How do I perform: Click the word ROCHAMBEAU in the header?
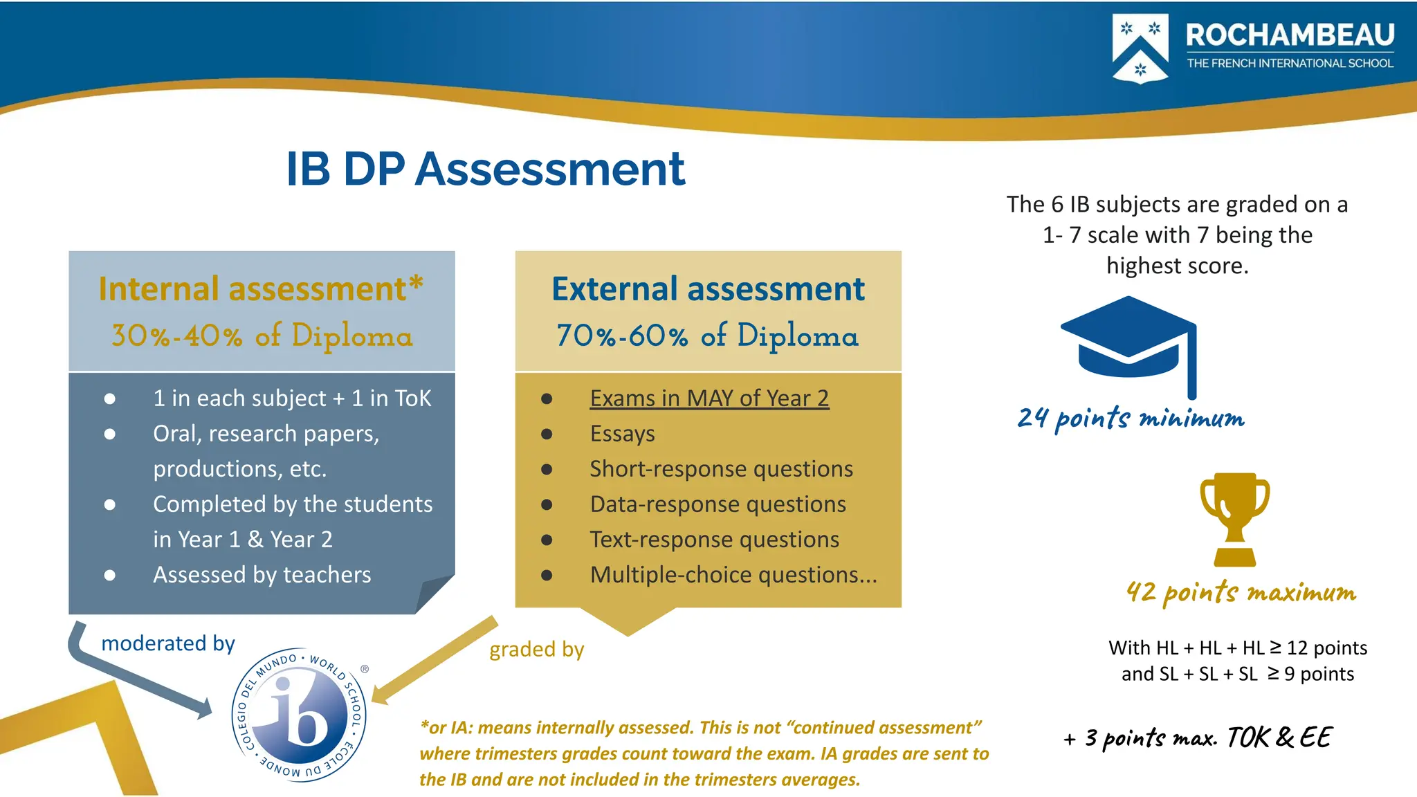point(1290,35)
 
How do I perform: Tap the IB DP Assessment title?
point(485,169)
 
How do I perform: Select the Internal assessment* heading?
point(261,288)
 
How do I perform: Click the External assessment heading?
point(708,288)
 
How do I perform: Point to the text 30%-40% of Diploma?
point(262,336)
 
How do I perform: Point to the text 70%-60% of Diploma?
point(708,336)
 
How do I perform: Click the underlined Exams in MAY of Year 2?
point(709,398)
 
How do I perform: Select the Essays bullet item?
point(622,434)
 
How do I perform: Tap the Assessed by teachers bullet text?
point(262,575)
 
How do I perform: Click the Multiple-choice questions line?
point(733,575)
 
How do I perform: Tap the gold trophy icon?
point(1235,519)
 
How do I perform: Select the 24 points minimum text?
point(1131,418)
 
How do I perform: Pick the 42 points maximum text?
point(1241,592)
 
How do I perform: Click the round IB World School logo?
point(300,715)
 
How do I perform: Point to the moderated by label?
point(168,643)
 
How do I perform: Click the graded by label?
point(537,649)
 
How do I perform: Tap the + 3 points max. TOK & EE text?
point(1198,738)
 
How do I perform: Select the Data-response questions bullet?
point(717,504)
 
